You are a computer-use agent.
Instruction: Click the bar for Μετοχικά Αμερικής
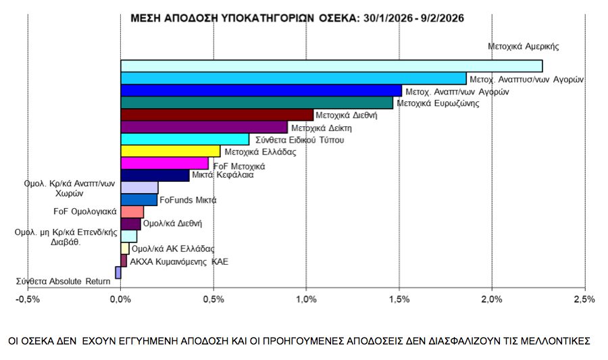331,66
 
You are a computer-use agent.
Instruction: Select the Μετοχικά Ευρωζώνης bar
257,103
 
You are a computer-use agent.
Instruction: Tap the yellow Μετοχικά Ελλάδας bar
170,151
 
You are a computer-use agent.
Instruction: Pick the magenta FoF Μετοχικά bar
164,163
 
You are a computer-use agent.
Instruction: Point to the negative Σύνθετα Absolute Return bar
118,273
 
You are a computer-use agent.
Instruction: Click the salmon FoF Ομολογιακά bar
132,211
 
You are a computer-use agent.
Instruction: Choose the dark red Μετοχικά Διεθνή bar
217,115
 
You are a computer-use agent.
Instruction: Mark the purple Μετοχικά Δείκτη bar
204,127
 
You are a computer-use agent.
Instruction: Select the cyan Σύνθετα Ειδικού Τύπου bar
184,139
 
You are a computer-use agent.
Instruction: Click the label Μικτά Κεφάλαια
224,175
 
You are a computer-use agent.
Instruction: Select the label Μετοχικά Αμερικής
524,47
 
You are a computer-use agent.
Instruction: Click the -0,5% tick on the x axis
28,299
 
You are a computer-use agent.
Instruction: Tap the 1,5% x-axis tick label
399,299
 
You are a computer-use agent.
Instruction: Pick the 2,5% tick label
584,299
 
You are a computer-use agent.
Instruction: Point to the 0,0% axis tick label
120,299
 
